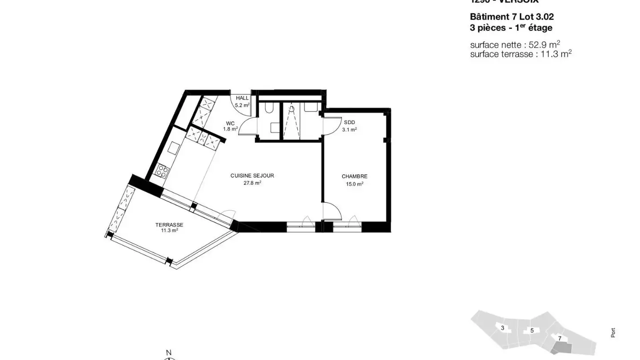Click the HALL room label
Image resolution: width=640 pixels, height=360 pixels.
(x=242, y=98)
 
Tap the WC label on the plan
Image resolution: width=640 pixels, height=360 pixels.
(x=230, y=124)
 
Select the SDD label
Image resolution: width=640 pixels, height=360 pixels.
(x=349, y=123)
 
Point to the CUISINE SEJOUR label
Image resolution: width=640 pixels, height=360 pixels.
(x=252, y=176)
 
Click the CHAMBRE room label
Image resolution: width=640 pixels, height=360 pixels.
(x=354, y=176)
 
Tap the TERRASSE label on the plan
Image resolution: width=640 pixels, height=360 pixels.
(x=169, y=225)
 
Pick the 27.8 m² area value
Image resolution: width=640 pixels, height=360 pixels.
(x=252, y=183)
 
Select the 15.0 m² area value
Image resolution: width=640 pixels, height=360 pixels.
(x=354, y=184)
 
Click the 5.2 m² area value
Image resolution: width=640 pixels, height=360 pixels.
(x=242, y=105)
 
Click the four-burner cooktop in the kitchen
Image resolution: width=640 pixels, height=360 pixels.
(x=162, y=171)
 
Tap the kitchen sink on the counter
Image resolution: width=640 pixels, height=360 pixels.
(x=173, y=148)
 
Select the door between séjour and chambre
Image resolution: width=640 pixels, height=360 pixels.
(x=332, y=211)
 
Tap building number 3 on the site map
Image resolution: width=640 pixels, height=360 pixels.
(x=502, y=328)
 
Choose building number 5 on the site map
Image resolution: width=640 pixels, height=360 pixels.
(x=532, y=331)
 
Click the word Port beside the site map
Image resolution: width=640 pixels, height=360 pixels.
(x=613, y=332)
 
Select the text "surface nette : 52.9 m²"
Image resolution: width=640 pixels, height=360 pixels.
(x=515, y=44)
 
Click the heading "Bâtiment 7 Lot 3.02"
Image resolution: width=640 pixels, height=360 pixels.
(x=512, y=17)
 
